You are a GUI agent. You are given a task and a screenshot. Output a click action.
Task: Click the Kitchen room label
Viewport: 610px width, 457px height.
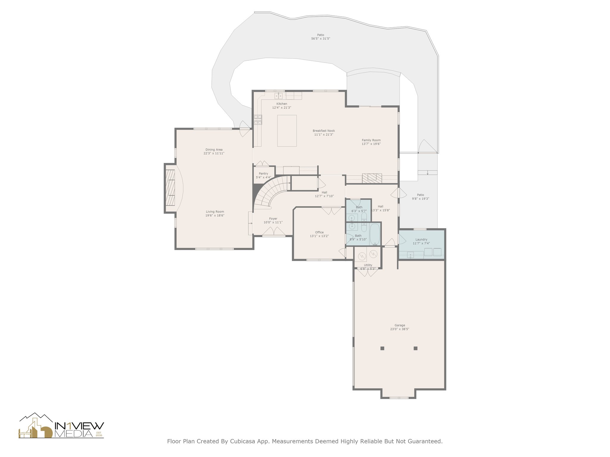click(282, 104)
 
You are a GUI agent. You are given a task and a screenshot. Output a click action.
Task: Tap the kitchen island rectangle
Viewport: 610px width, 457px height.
click(287, 131)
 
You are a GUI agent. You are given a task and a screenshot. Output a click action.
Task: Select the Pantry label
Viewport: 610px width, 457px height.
click(263, 173)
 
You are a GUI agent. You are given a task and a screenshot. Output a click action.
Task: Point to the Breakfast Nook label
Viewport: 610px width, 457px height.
click(324, 131)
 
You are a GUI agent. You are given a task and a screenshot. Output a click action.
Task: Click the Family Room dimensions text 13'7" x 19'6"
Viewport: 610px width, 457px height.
click(371, 144)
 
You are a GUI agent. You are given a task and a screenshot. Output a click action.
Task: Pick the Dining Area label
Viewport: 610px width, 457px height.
click(214, 150)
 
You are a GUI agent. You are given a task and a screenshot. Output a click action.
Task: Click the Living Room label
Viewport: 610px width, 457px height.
click(215, 212)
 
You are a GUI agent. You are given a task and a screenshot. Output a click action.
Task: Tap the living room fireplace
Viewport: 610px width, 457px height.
click(170, 188)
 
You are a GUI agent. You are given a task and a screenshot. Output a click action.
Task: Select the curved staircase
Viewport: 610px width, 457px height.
click(270, 192)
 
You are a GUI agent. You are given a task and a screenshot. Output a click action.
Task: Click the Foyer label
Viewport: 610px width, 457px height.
click(273, 219)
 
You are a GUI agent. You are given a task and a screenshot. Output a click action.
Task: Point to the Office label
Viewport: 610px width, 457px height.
click(319, 232)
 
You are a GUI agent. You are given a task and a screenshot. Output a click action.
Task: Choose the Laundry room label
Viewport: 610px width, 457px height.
click(421, 240)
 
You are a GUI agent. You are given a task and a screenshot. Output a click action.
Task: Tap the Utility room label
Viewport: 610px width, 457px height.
click(368, 265)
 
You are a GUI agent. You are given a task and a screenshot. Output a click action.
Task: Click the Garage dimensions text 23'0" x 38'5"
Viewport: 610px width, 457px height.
click(400, 329)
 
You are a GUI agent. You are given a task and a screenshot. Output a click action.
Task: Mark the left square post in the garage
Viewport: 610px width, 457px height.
click(382, 348)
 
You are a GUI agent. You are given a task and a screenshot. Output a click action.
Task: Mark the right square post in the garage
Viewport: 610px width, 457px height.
click(416, 348)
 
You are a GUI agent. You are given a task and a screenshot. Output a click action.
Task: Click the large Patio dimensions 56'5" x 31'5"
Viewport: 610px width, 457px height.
click(320, 38)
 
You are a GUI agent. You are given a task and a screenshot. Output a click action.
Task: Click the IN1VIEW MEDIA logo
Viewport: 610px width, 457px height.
click(61, 425)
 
